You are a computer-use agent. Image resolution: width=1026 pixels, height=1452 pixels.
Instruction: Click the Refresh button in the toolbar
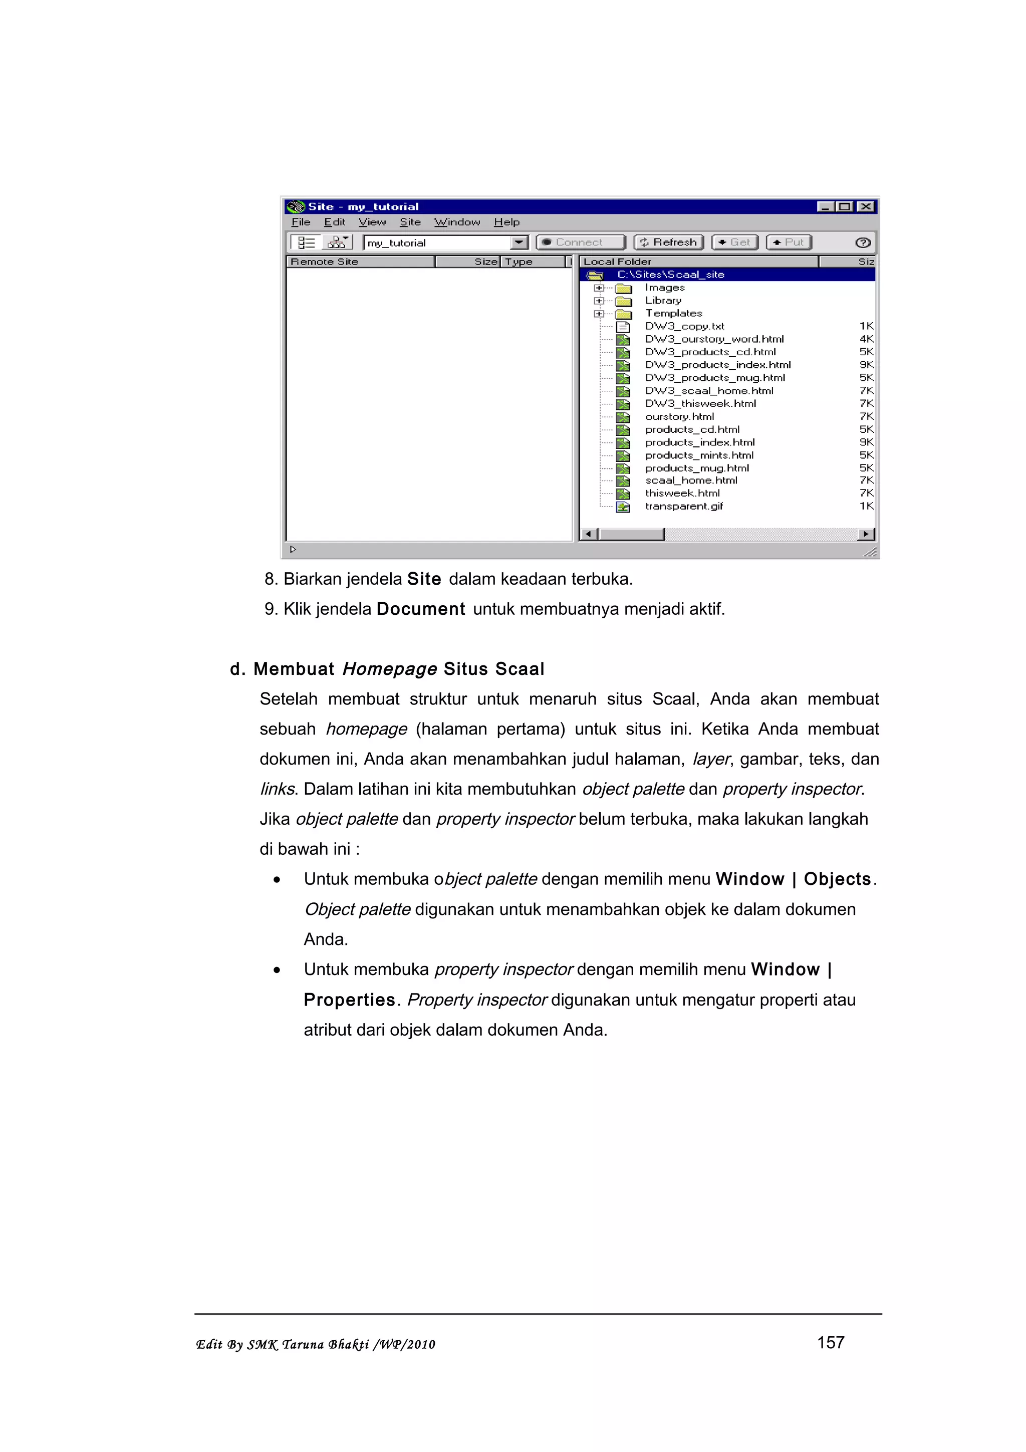point(668,242)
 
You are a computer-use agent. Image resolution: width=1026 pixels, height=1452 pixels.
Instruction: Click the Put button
point(789,242)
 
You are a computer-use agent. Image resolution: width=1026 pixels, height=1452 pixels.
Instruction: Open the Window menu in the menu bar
point(456,222)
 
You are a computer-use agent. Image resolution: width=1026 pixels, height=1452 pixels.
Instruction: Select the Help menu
point(506,222)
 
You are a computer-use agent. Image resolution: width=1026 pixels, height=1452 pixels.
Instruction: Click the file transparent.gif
point(683,506)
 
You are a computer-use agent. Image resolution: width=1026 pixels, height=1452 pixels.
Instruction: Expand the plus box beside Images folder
point(598,288)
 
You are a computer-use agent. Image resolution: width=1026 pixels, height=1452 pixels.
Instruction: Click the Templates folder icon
point(623,314)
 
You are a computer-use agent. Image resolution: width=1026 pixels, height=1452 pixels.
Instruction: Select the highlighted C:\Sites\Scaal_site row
point(670,275)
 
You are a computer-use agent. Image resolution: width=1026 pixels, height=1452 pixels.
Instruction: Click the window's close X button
point(866,207)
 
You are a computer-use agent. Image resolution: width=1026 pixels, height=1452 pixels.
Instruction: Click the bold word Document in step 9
point(420,609)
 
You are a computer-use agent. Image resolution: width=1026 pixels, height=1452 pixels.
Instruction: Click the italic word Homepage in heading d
point(389,669)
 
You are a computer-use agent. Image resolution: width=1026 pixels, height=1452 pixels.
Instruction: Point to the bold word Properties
point(349,1000)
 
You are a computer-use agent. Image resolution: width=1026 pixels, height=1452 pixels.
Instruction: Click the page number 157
point(830,1343)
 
